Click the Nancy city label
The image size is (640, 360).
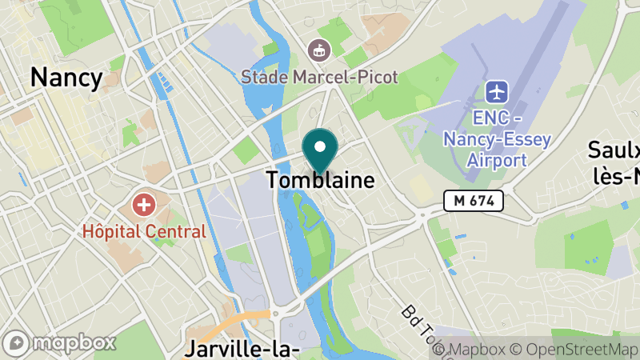[x=66, y=78]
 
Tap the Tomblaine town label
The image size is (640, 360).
[x=320, y=180]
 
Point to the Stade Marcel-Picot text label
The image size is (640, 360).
[x=320, y=78]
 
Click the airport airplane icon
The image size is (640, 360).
[x=498, y=91]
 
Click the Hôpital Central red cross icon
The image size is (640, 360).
[x=144, y=205]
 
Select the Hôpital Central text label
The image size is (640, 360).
[x=144, y=232]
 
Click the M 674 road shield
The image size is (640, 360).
[x=474, y=201]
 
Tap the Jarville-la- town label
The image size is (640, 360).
[x=242, y=349]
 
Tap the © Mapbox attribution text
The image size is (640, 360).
[x=481, y=350]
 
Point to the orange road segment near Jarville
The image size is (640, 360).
[x=240, y=320]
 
